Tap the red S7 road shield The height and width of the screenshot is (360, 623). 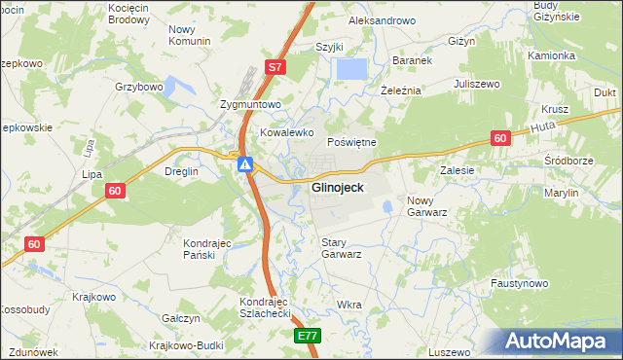tap(275, 67)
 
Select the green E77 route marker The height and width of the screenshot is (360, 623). tap(308, 336)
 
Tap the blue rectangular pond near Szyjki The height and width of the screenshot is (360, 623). tap(351, 70)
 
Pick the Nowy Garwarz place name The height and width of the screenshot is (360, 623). tap(426, 205)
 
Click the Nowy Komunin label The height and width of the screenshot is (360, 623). tap(189, 36)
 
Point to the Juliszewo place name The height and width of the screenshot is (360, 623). tap(477, 85)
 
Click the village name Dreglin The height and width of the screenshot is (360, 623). tap(182, 171)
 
